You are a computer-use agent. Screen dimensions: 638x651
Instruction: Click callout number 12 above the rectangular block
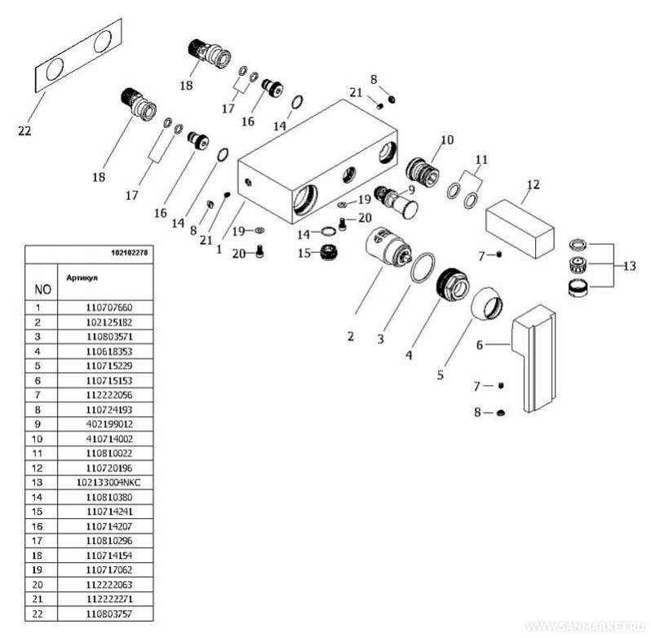[533, 184]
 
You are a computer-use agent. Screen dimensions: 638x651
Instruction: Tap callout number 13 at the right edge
[630, 266]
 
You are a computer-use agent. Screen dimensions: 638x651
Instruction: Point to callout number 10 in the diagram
[446, 140]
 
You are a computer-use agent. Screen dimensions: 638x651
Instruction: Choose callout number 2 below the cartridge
[350, 335]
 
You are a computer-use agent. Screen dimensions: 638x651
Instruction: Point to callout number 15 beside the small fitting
[303, 253]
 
